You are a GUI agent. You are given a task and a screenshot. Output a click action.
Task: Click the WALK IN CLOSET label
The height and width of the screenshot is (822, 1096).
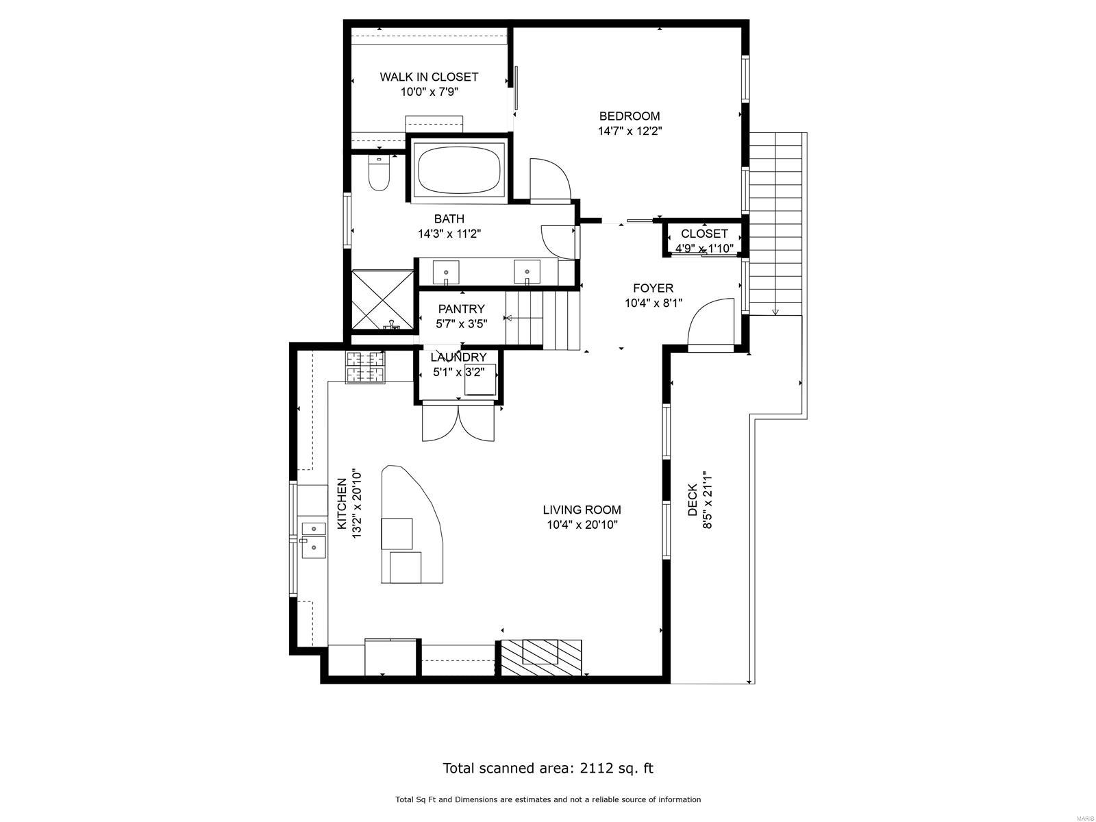point(429,77)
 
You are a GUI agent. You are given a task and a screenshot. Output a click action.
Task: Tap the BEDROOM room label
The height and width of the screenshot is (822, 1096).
point(629,116)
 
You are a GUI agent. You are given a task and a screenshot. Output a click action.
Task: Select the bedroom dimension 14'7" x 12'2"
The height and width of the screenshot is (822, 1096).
point(630,132)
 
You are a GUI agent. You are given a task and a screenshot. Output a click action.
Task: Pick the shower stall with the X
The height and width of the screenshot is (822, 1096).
point(383,300)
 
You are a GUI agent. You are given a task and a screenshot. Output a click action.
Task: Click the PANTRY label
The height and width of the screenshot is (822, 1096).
point(462,309)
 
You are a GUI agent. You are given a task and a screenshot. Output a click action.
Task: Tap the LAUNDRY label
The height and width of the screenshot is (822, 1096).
point(458,358)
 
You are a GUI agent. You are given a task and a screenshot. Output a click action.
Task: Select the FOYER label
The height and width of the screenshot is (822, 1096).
point(653,288)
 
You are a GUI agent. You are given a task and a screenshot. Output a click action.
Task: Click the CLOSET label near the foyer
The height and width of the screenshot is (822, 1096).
point(704,234)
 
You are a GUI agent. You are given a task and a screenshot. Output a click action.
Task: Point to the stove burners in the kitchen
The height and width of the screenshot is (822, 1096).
point(366,367)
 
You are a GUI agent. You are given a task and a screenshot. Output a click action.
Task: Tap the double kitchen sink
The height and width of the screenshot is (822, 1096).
point(314,540)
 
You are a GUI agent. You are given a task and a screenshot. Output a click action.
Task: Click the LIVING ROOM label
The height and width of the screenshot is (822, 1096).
point(582,510)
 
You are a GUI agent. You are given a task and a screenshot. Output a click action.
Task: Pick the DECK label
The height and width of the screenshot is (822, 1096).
point(692,499)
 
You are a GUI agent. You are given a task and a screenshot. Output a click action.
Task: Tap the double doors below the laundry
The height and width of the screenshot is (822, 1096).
point(458,423)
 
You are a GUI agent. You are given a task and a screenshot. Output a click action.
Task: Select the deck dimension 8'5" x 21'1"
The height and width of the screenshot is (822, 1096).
point(707,499)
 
